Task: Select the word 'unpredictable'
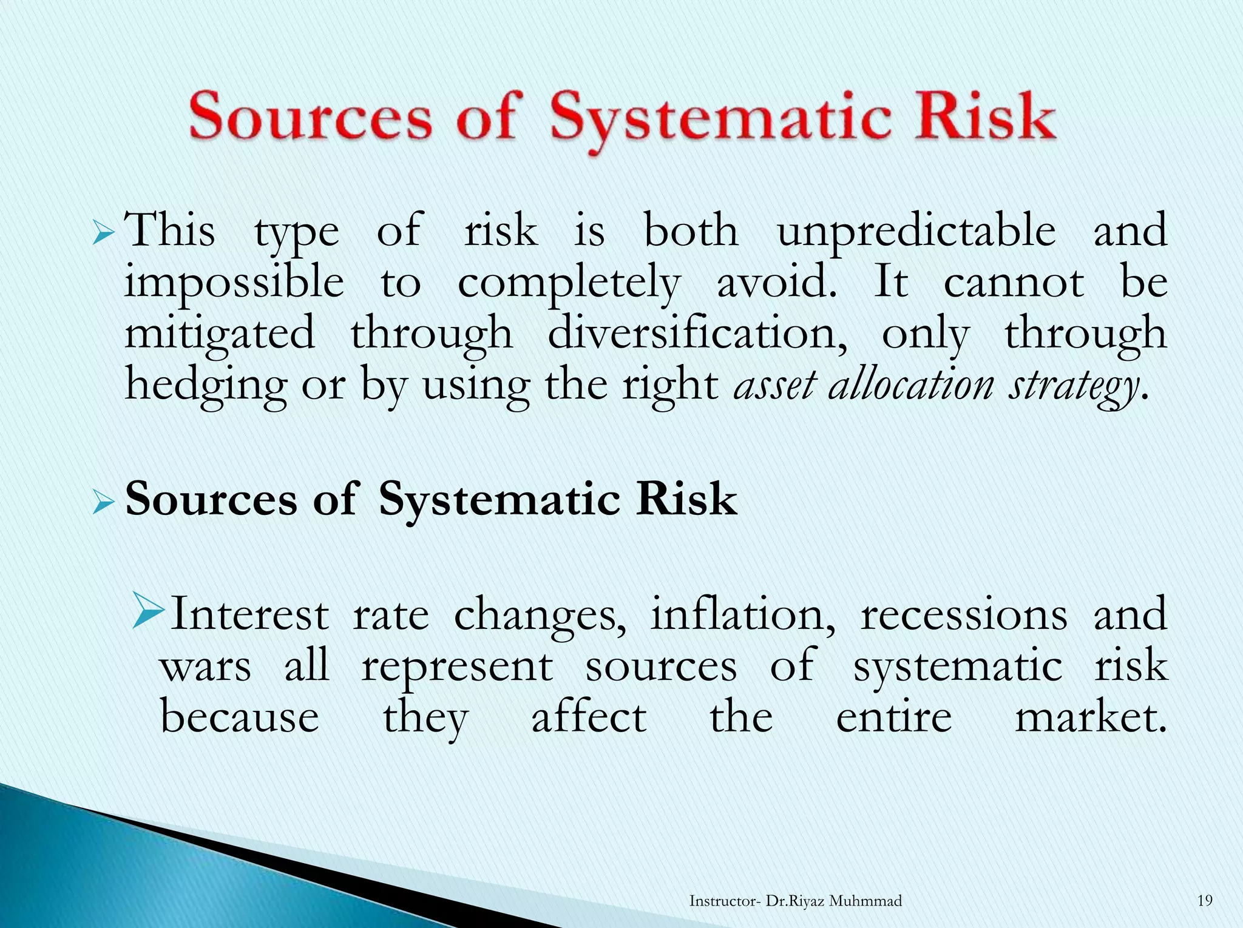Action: click(916, 232)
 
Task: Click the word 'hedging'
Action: click(205, 386)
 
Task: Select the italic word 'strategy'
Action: click(1073, 386)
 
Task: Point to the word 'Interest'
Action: click(249, 614)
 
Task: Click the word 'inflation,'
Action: click(742, 614)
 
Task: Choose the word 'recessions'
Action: click(964, 614)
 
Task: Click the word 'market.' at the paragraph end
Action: click(1091, 718)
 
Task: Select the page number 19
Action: click(1205, 901)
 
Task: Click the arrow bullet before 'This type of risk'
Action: click(104, 234)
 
